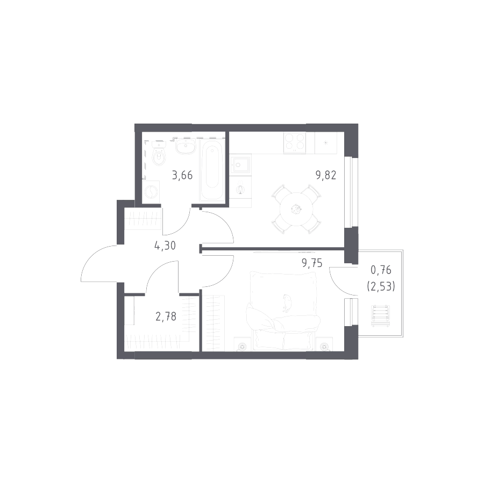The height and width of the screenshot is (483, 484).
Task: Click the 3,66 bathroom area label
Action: pos(182,175)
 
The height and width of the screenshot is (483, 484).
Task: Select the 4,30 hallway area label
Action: pos(165,248)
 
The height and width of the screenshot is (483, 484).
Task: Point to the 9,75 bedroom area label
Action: pos(311,263)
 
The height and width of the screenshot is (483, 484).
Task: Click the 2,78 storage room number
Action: pos(166,316)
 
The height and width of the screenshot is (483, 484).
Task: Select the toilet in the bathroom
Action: pos(157,151)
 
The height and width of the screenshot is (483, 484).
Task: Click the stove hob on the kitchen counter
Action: pos(295,141)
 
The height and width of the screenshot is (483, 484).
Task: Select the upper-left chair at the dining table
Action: pos(282,192)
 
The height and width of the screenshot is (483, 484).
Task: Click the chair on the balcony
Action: pos(381,315)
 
